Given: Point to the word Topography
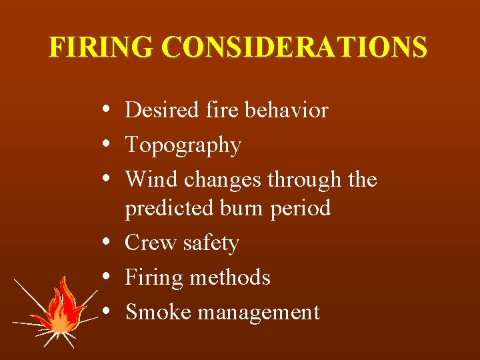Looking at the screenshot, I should coord(183,145).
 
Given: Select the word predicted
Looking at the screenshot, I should coord(168,209).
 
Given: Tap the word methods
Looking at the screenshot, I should coord(229,277).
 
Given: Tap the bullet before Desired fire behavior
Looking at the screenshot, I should coord(107,110).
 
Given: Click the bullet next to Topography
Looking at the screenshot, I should coord(107,145).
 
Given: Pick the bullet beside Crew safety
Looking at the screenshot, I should coord(107,243).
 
